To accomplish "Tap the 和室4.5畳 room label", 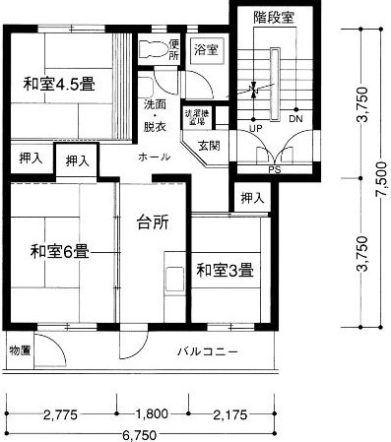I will pos(59,84).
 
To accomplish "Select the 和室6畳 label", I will pos(59,250).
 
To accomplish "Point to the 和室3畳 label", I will pos(225,268).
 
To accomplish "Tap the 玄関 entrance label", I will pos(209,146).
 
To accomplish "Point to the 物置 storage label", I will pos(21,349).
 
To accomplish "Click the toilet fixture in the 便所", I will pos(152,49).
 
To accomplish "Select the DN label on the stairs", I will pos(295,118).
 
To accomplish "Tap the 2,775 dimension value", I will pos(60,414).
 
